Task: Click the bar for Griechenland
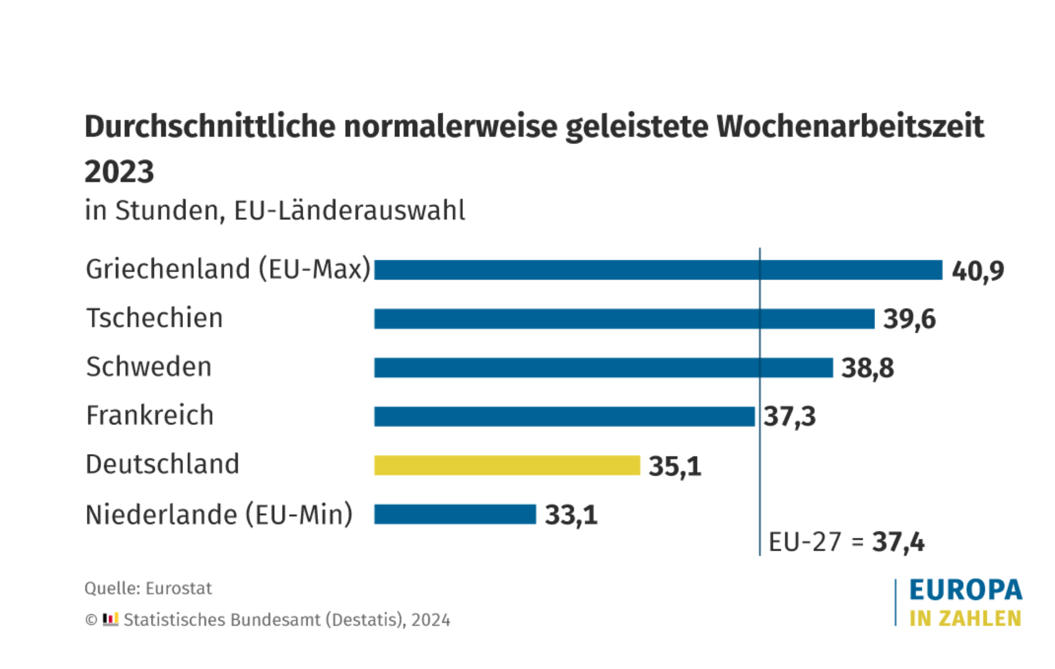[658, 270]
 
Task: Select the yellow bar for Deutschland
[507, 465]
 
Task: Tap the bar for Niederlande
[455, 514]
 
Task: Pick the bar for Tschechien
[624, 318]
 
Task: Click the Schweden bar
[603, 368]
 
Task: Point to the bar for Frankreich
[564, 416]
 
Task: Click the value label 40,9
[977, 270]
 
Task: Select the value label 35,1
[675, 466]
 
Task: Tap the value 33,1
[571, 515]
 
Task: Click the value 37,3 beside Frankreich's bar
[789, 417]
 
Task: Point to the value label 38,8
[867, 368]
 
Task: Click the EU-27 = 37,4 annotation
[846, 542]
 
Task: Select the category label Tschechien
[154, 318]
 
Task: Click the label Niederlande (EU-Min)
[219, 514]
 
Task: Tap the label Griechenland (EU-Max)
[228, 269]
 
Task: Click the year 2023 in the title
[119, 171]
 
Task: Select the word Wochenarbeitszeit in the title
[850, 126]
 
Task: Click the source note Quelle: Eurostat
[148, 588]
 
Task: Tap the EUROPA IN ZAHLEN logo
[964, 602]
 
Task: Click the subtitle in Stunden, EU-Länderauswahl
[275, 211]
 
